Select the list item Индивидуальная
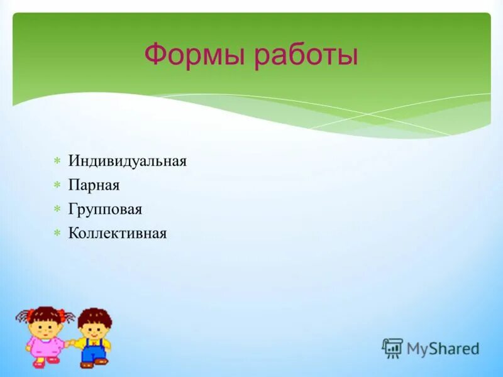pyautogui.click(x=128, y=161)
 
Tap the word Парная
pyautogui.click(x=94, y=185)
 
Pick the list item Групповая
pyautogui.click(x=106, y=209)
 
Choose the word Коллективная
pyautogui.click(x=118, y=234)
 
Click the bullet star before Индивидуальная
pyautogui.click(x=57, y=161)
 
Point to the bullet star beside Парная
pyautogui.click(x=57, y=185)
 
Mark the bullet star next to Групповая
pyautogui.click(x=57, y=209)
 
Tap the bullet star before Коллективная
pyautogui.click(x=57, y=234)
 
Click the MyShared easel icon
pyautogui.click(x=392, y=348)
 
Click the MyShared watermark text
pyautogui.click(x=443, y=348)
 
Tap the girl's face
pyautogui.click(x=45, y=325)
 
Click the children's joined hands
pyautogui.click(x=71, y=343)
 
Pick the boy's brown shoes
pyautogui.click(x=94, y=363)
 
